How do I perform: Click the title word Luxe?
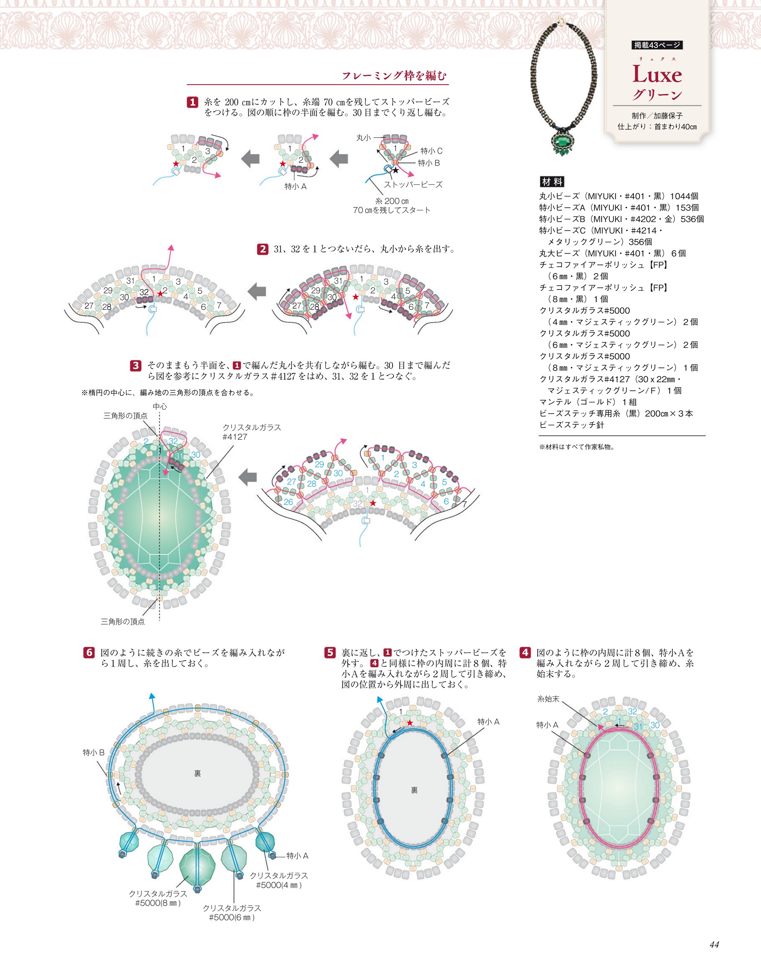pos(657,74)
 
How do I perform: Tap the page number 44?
pos(714,944)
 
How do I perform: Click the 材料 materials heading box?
pos(552,182)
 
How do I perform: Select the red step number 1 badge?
pos(192,103)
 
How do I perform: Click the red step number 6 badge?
pos(89,653)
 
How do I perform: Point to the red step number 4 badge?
pos(525,653)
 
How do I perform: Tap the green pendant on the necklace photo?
pos(563,142)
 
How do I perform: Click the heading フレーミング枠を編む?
pos(394,76)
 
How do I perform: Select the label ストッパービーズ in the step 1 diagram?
pos(413,184)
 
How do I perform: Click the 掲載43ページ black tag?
pos(657,45)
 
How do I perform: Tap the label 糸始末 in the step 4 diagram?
pos(548,699)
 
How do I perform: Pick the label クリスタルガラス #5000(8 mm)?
pos(158,898)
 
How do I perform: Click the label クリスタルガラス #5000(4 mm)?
pos(278,880)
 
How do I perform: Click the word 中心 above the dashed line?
pos(160,406)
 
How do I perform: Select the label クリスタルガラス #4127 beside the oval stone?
pos(252,432)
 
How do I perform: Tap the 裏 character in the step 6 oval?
pos(197,773)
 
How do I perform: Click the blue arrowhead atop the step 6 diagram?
pos(152,697)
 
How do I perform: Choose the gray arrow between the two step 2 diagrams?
pos(257,291)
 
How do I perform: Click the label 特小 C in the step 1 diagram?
pos(431,151)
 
